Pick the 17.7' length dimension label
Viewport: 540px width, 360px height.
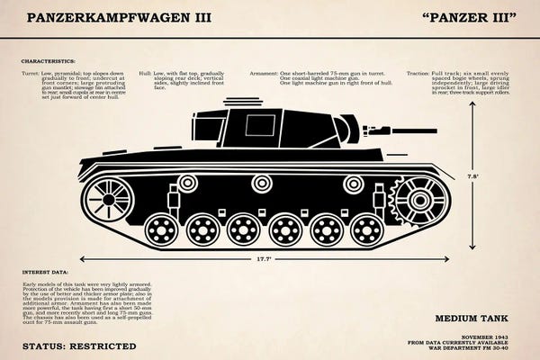click(x=263, y=259)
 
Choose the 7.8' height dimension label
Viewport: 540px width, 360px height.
click(x=473, y=176)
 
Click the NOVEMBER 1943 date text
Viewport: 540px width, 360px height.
click(x=493, y=336)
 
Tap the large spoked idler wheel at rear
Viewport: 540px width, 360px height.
click(x=107, y=199)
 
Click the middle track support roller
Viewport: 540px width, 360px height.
click(x=262, y=184)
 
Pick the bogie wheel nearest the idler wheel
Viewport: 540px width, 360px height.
click(x=161, y=229)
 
